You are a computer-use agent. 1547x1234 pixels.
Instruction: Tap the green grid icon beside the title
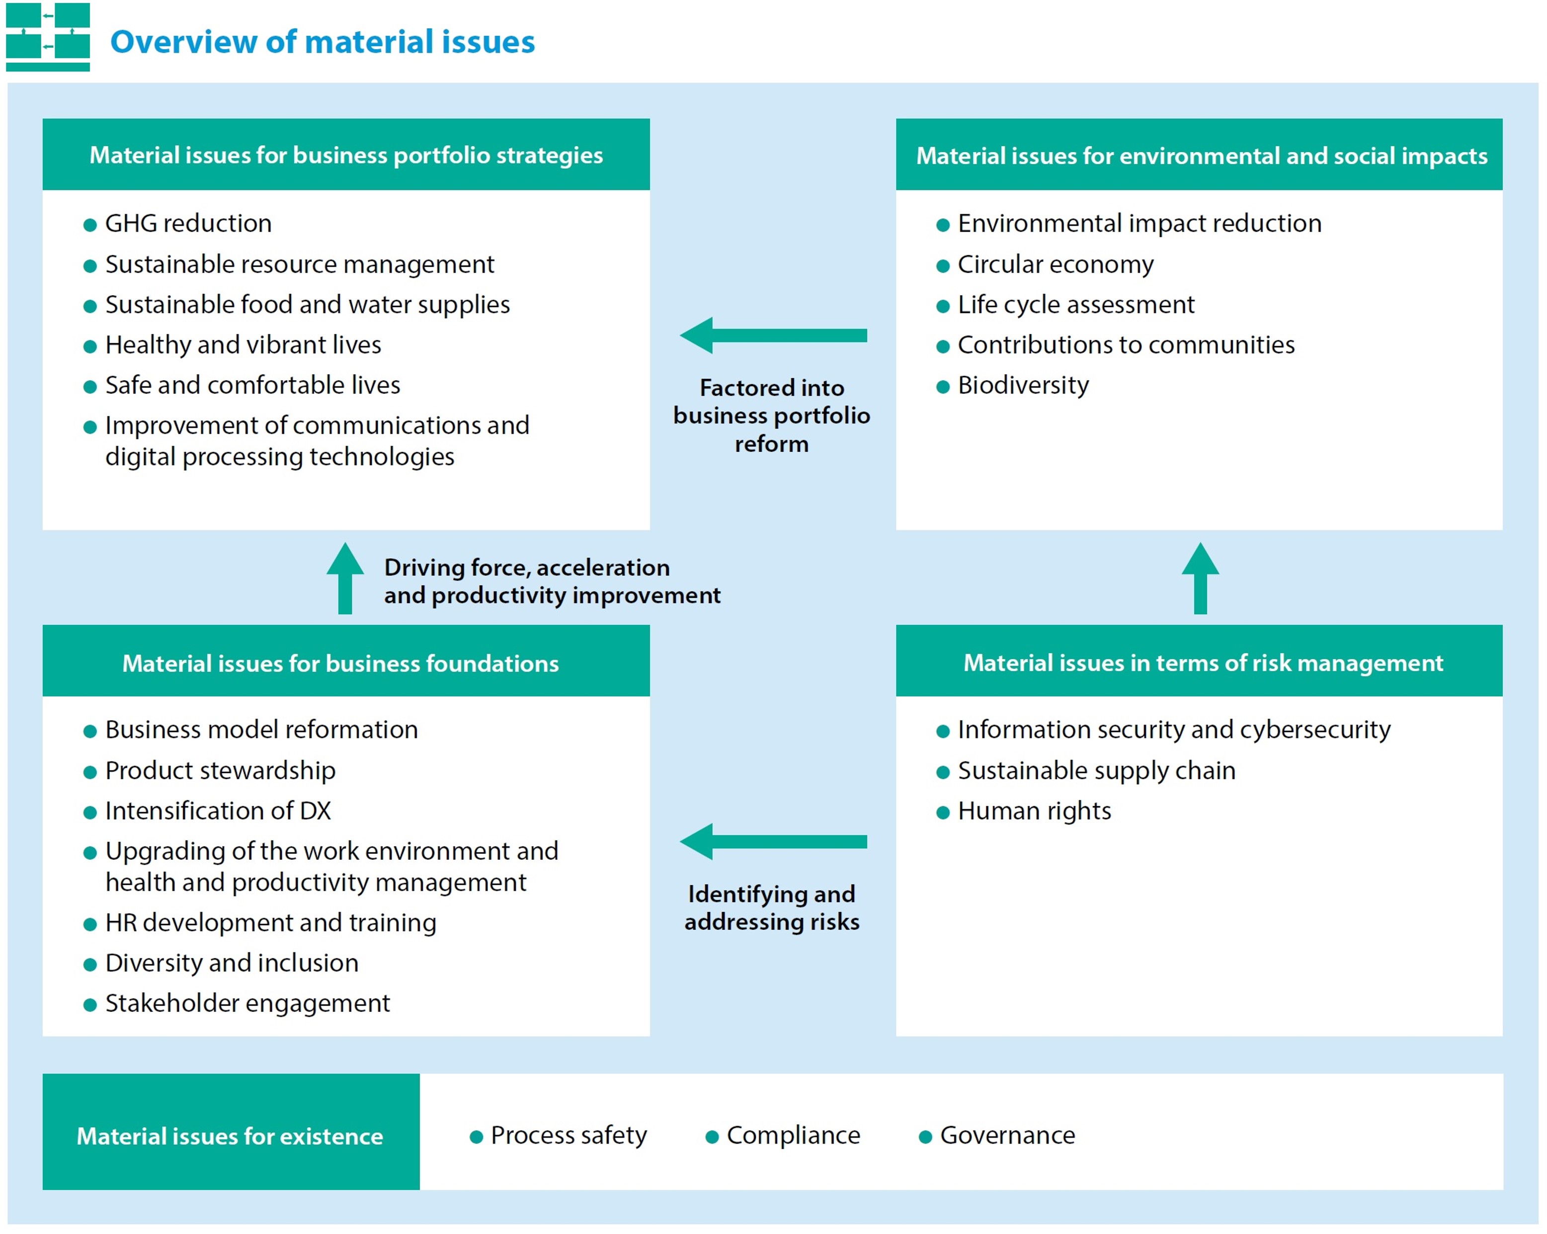pos(47,37)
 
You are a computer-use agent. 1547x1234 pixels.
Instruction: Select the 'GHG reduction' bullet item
pos(188,224)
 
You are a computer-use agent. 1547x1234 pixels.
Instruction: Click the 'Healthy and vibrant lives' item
pos(243,345)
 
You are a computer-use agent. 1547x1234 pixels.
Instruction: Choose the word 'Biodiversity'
pos(1023,385)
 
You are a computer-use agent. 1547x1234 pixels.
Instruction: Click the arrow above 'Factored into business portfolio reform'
pos(773,335)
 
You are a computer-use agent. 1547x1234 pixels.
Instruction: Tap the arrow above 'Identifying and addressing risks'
pos(773,841)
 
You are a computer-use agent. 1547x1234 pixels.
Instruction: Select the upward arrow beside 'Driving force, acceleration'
pos(345,577)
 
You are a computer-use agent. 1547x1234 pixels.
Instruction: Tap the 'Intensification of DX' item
pos(217,811)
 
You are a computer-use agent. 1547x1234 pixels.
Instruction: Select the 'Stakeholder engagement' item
pos(247,1003)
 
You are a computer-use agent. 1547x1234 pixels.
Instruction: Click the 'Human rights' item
pos(1034,811)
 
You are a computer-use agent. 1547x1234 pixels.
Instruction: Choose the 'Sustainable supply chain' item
pos(1096,770)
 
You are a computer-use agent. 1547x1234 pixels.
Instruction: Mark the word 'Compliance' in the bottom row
pos(793,1135)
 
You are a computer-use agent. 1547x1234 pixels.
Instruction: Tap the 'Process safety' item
pos(569,1135)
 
